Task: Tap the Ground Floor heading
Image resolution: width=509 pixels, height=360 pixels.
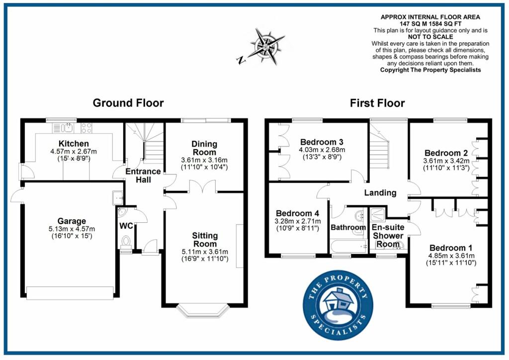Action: coord(128,103)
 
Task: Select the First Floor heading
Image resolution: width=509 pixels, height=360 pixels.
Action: coord(377,103)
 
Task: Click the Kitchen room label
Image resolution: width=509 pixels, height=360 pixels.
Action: coord(74,144)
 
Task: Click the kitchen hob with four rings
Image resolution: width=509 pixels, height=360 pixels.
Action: coord(86,128)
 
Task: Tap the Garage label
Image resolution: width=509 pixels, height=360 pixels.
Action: coord(72,221)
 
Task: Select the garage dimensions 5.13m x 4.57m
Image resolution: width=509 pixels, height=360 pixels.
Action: coord(72,229)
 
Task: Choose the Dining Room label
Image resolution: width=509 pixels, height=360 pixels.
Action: coord(204,148)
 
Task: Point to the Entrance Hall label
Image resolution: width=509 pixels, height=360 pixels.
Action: coord(143,176)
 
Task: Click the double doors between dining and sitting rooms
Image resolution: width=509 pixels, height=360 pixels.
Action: coord(203,187)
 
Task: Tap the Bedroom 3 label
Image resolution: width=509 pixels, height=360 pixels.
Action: coord(322,142)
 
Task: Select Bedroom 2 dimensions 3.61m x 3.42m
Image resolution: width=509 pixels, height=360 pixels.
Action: coord(446,161)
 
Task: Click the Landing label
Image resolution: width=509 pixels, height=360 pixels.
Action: coord(380,193)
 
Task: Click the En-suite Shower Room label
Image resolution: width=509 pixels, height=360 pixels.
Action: coord(388,236)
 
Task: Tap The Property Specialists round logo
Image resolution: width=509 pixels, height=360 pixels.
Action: coord(338,305)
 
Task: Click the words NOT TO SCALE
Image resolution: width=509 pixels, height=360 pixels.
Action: coord(430,37)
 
